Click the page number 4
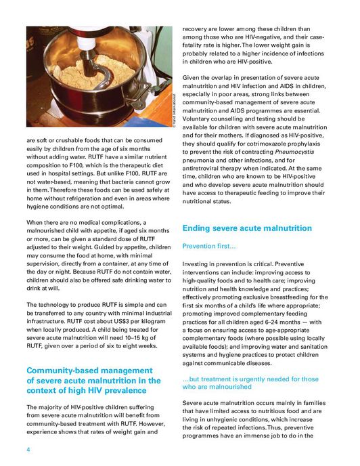(28, 449)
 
